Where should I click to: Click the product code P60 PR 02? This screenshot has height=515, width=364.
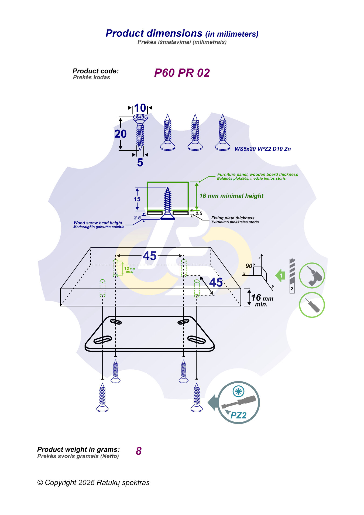coord(182,73)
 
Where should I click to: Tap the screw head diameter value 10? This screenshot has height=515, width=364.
coord(140,108)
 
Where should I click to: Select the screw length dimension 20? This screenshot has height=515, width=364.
coord(120,134)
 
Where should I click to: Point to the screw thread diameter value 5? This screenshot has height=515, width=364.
coord(140,163)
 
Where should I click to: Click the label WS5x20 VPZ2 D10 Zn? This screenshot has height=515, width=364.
coord(262,149)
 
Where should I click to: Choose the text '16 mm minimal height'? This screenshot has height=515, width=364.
coord(231,196)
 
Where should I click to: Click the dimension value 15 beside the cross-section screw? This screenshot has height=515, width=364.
coord(137,199)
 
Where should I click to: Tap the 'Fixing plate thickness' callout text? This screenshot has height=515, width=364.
coord(233,218)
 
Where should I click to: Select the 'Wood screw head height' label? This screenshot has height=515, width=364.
coord(98,223)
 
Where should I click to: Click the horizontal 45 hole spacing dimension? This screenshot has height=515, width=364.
coord(150,256)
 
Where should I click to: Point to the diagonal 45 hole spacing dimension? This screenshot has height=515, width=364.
coord(216,282)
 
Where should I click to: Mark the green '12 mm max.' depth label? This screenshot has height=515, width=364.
coord(129,270)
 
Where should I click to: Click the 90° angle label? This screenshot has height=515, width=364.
coord(250,266)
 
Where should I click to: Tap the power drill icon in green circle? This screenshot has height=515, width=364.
coord(312,275)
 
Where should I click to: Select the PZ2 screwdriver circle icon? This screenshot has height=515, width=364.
coord(238,403)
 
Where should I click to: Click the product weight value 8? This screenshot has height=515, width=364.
coord(139,451)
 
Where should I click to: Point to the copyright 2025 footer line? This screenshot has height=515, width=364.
coord(93,483)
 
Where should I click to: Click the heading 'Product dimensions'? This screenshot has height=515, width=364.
coord(154,33)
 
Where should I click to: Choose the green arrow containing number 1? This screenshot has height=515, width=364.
coord(280,276)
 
